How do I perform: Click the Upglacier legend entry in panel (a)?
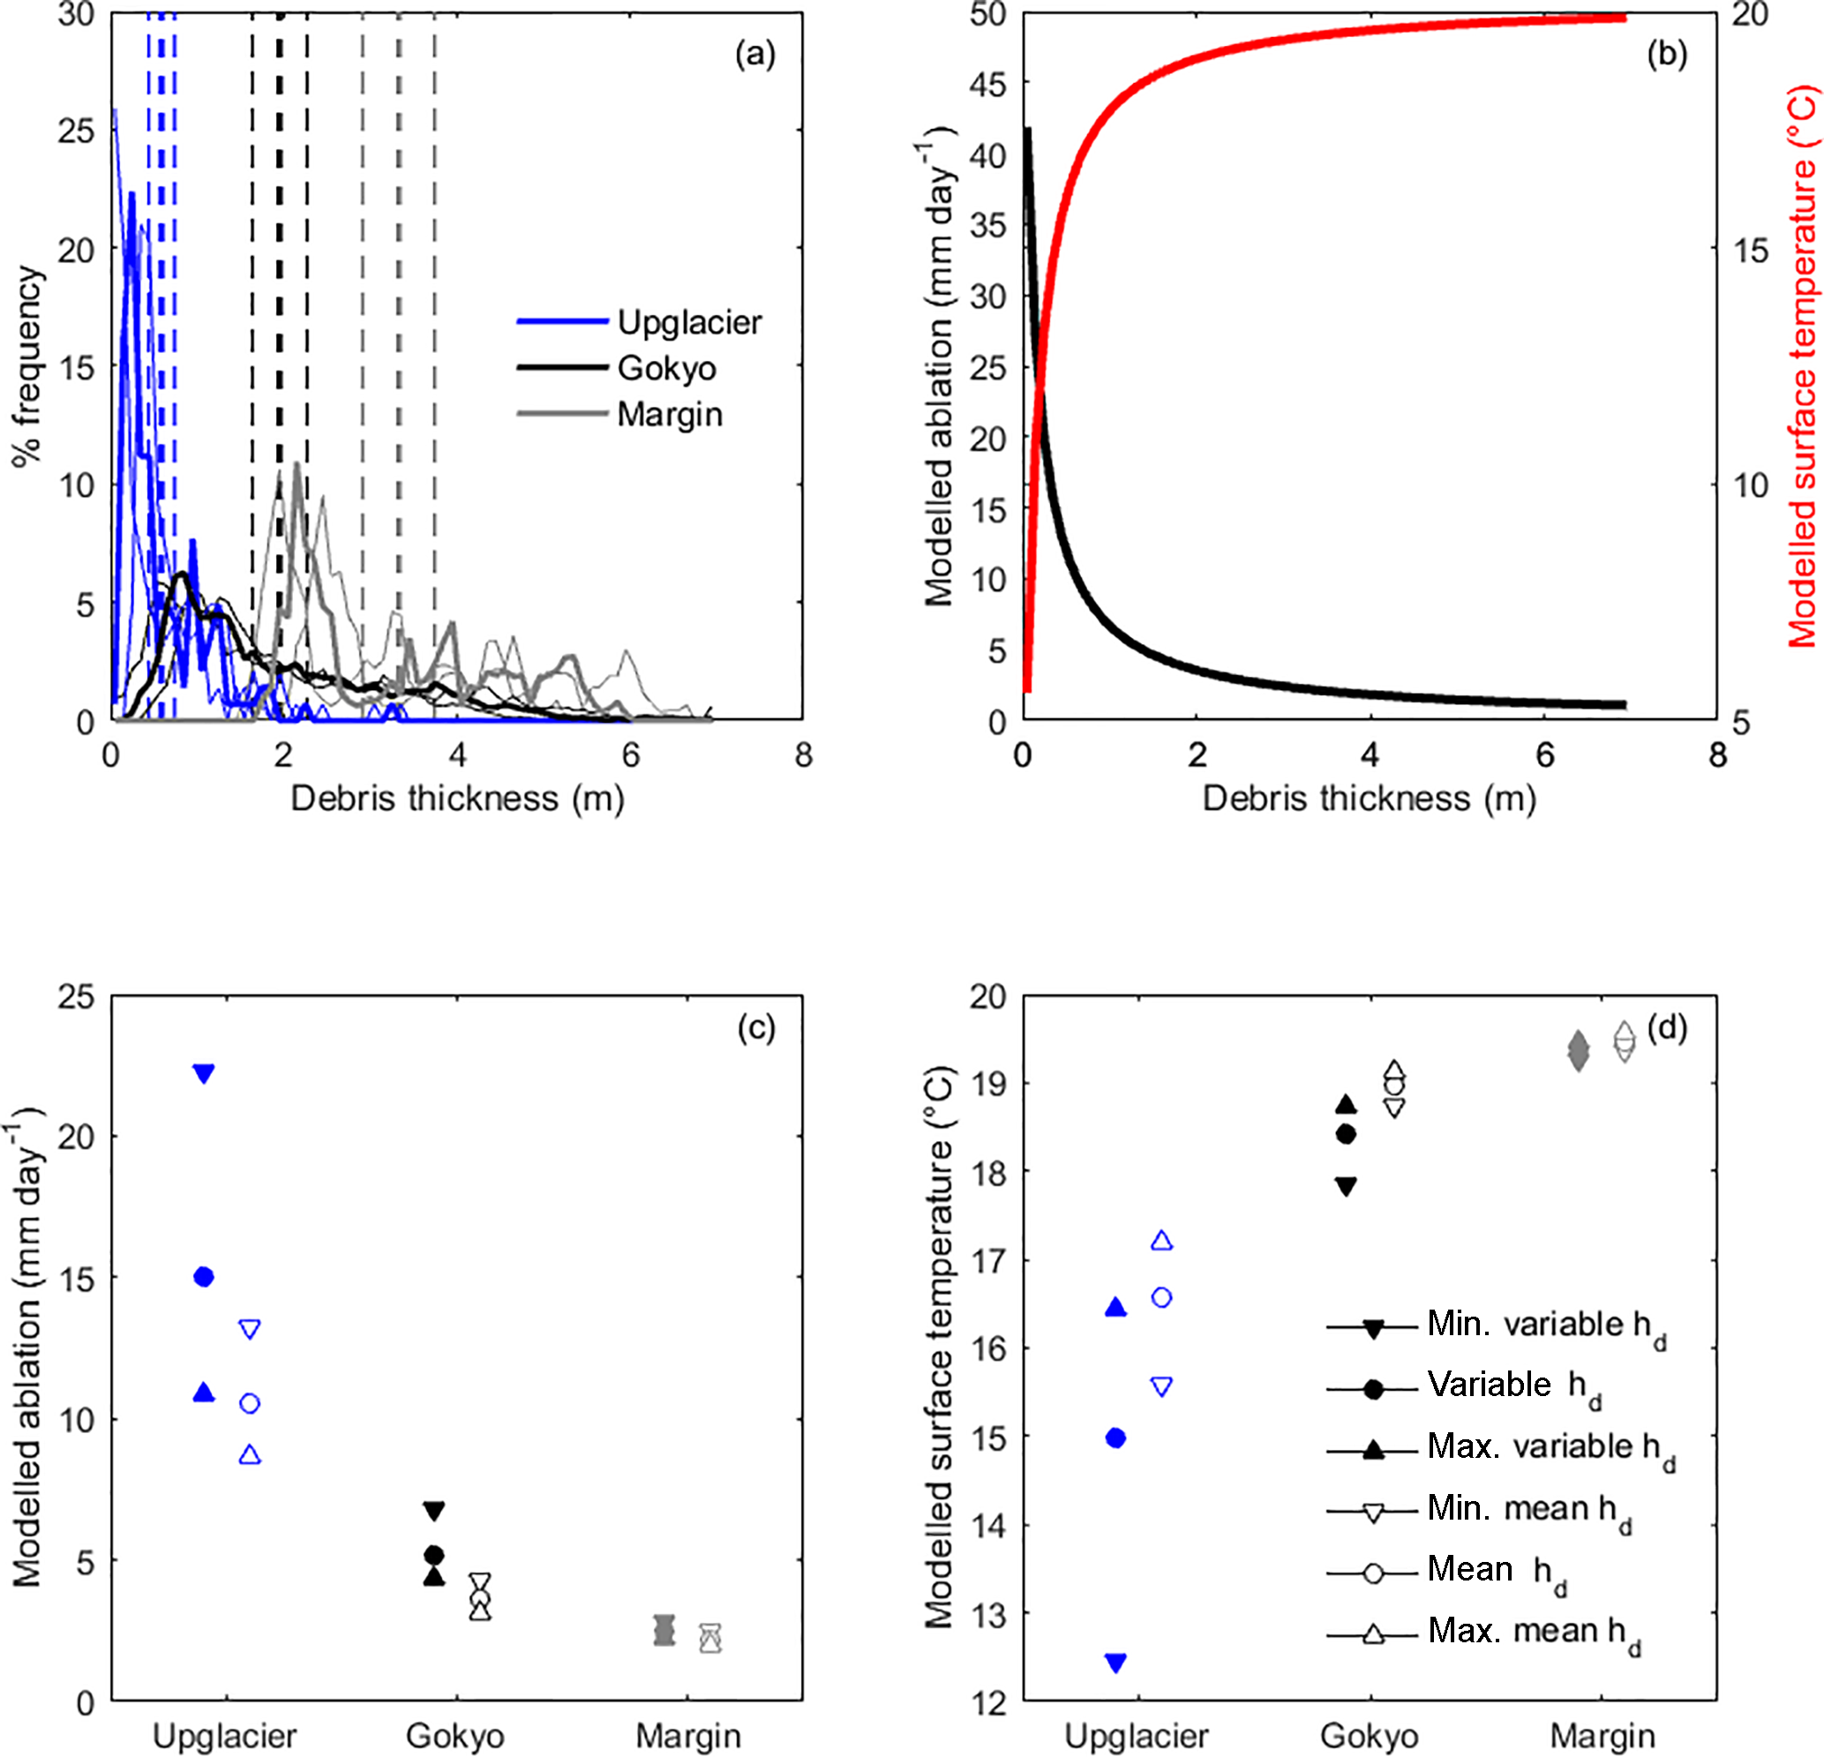(x=688, y=322)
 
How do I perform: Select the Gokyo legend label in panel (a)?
(x=666, y=368)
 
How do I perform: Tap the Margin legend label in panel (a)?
(x=669, y=413)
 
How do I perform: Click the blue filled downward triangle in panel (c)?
(x=204, y=1073)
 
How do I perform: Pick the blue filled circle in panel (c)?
(x=204, y=1276)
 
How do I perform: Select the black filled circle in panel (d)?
(x=1346, y=1133)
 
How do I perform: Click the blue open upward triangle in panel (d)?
(x=1161, y=1241)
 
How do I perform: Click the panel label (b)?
(x=1666, y=54)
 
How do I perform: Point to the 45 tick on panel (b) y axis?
(x=987, y=84)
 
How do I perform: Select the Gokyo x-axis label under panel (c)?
(x=455, y=1736)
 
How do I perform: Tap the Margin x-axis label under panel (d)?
(x=1603, y=1736)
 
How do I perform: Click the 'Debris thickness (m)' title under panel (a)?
(x=457, y=799)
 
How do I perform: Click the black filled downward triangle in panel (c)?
(x=433, y=1511)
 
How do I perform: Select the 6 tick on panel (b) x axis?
(x=1545, y=755)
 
